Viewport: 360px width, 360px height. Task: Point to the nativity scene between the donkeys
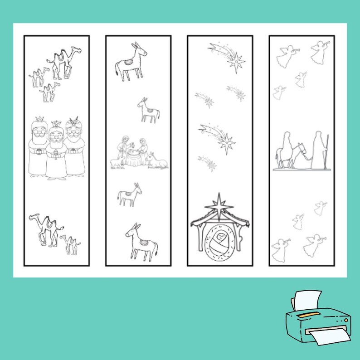[138, 154]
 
